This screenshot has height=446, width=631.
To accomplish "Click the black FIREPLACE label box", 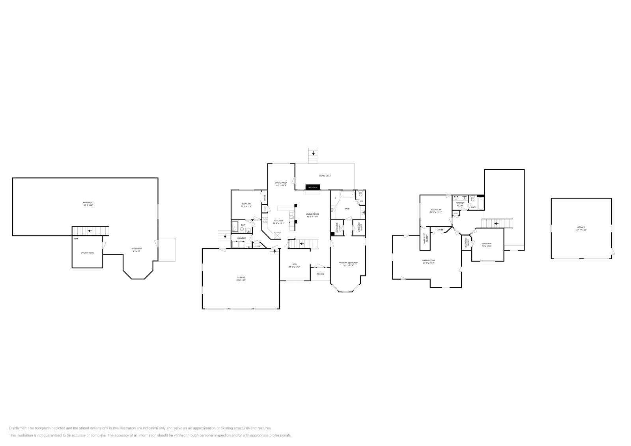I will [312, 188].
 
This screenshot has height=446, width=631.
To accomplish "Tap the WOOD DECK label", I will [325, 176].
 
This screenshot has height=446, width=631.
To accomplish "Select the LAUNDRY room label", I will [241, 238].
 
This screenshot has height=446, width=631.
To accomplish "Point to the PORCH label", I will [320, 274].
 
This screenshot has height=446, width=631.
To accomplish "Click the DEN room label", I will [294, 264].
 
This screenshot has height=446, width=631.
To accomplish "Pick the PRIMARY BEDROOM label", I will [348, 262].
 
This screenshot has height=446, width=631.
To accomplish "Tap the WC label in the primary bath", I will [361, 201].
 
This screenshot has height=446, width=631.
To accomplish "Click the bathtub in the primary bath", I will [347, 194].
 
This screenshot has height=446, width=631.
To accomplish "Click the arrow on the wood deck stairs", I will [314, 153].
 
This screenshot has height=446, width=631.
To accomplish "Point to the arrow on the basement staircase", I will [90, 231].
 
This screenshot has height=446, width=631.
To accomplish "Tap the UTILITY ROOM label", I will [88, 253].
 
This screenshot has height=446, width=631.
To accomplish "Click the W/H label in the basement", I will [76, 239].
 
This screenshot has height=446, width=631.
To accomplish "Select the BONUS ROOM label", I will [428, 260].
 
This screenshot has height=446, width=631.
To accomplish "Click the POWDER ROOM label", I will [460, 204].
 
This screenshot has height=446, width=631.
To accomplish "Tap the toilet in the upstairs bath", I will [472, 200].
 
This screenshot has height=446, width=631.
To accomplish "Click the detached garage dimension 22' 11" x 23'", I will [581, 230].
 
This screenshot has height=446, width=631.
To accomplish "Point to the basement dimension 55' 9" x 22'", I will [88, 205].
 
